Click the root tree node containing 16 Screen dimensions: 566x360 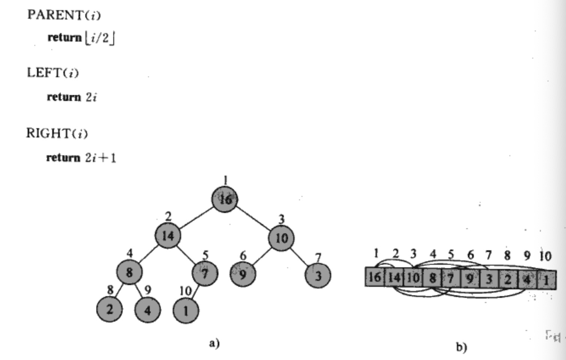(225, 199)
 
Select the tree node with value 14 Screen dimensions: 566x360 (168, 235)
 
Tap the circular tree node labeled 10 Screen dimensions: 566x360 (281, 238)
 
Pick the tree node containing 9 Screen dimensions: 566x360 (243, 274)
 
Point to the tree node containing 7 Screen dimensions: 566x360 (205, 274)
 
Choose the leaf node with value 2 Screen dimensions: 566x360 (109, 309)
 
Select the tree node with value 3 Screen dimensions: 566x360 (318, 276)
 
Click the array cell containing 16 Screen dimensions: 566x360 (375, 277)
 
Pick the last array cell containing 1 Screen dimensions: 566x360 (547, 280)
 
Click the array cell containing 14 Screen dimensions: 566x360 (394, 277)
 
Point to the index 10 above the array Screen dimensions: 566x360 (545, 256)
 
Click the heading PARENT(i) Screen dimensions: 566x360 (64, 15)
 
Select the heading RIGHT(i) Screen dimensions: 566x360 (57, 133)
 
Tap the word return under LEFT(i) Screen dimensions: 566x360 (64, 97)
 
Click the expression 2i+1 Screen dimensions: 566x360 (100, 157)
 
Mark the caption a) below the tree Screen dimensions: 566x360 (214, 343)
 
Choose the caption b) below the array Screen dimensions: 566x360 (461, 347)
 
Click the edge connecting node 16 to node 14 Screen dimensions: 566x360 (196, 217)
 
